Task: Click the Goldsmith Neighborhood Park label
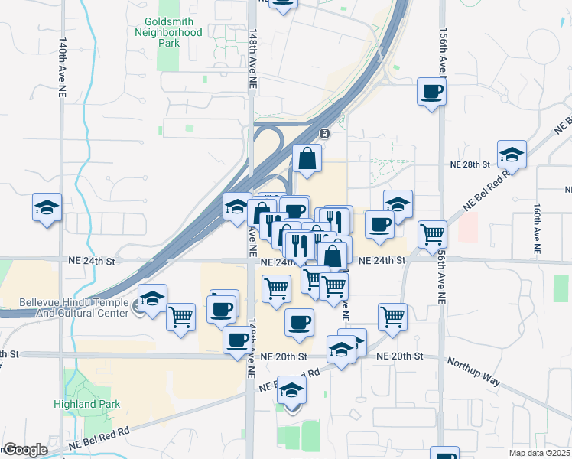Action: coord(168,32)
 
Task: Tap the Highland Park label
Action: coord(86,404)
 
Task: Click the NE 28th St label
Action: coord(470,164)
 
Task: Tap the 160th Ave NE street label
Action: coord(537,228)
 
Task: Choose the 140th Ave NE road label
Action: coord(61,70)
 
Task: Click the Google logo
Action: coord(25,450)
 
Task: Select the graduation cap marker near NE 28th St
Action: coord(512,155)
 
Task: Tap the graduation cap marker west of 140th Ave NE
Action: coord(47,207)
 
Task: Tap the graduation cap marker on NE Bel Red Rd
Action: coord(291,391)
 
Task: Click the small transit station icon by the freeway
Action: coord(324,133)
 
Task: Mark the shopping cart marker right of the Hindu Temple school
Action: coord(181,316)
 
